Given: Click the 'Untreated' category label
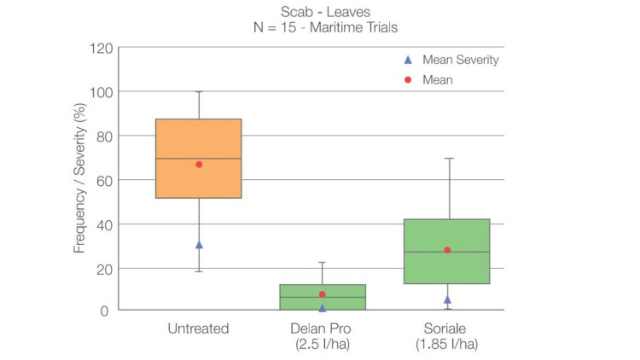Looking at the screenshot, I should tap(199, 328).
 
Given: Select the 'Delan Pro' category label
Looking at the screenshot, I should tap(323, 328).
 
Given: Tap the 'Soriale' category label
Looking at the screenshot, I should tap(446, 328).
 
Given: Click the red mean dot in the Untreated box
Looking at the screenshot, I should tap(199, 164).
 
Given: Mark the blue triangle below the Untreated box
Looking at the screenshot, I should tap(199, 245).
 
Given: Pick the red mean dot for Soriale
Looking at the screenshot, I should tap(446, 250).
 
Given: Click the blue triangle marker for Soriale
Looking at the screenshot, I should tap(447, 299).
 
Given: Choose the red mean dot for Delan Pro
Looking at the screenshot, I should tap(323, 294).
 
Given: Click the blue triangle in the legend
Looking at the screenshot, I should tap(408, 60).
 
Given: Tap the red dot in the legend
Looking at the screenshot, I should tap(408, 79).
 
